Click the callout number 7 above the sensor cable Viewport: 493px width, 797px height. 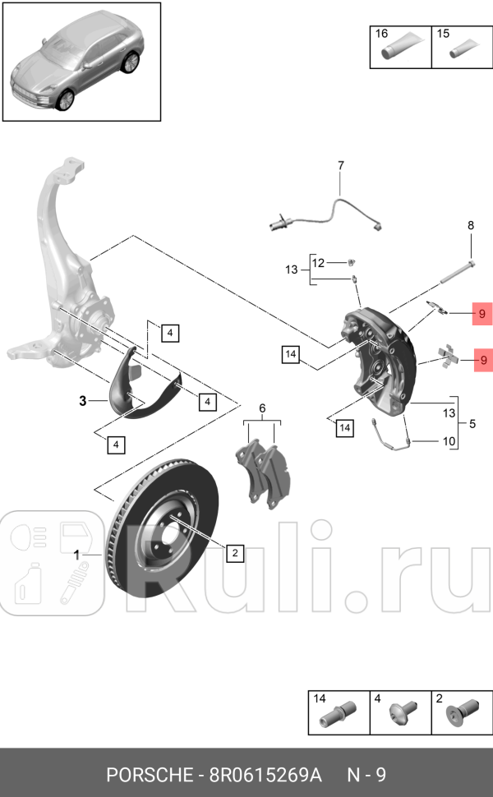(341, 167)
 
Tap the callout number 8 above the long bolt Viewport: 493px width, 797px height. (471, 225)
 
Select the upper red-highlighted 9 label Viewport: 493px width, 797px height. (483, 313)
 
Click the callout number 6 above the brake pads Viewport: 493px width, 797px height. (263, 408)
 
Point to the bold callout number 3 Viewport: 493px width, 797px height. (82, 401)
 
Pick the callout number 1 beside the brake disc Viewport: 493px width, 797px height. (77, 555)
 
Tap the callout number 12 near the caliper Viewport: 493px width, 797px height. (318, 262)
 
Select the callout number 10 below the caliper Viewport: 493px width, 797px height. (449, 441)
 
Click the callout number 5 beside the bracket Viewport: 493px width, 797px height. (472, 424)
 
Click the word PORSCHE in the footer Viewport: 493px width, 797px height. (146, 775)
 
